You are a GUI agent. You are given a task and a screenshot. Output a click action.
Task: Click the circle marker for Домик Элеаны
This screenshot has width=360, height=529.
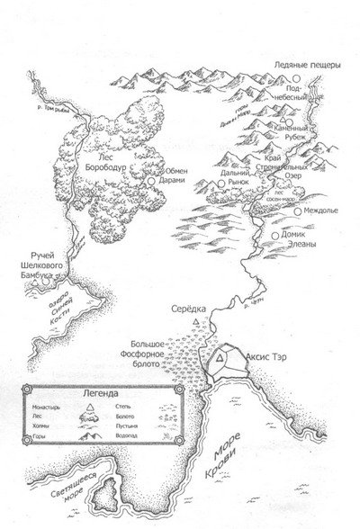click(274, 237)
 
